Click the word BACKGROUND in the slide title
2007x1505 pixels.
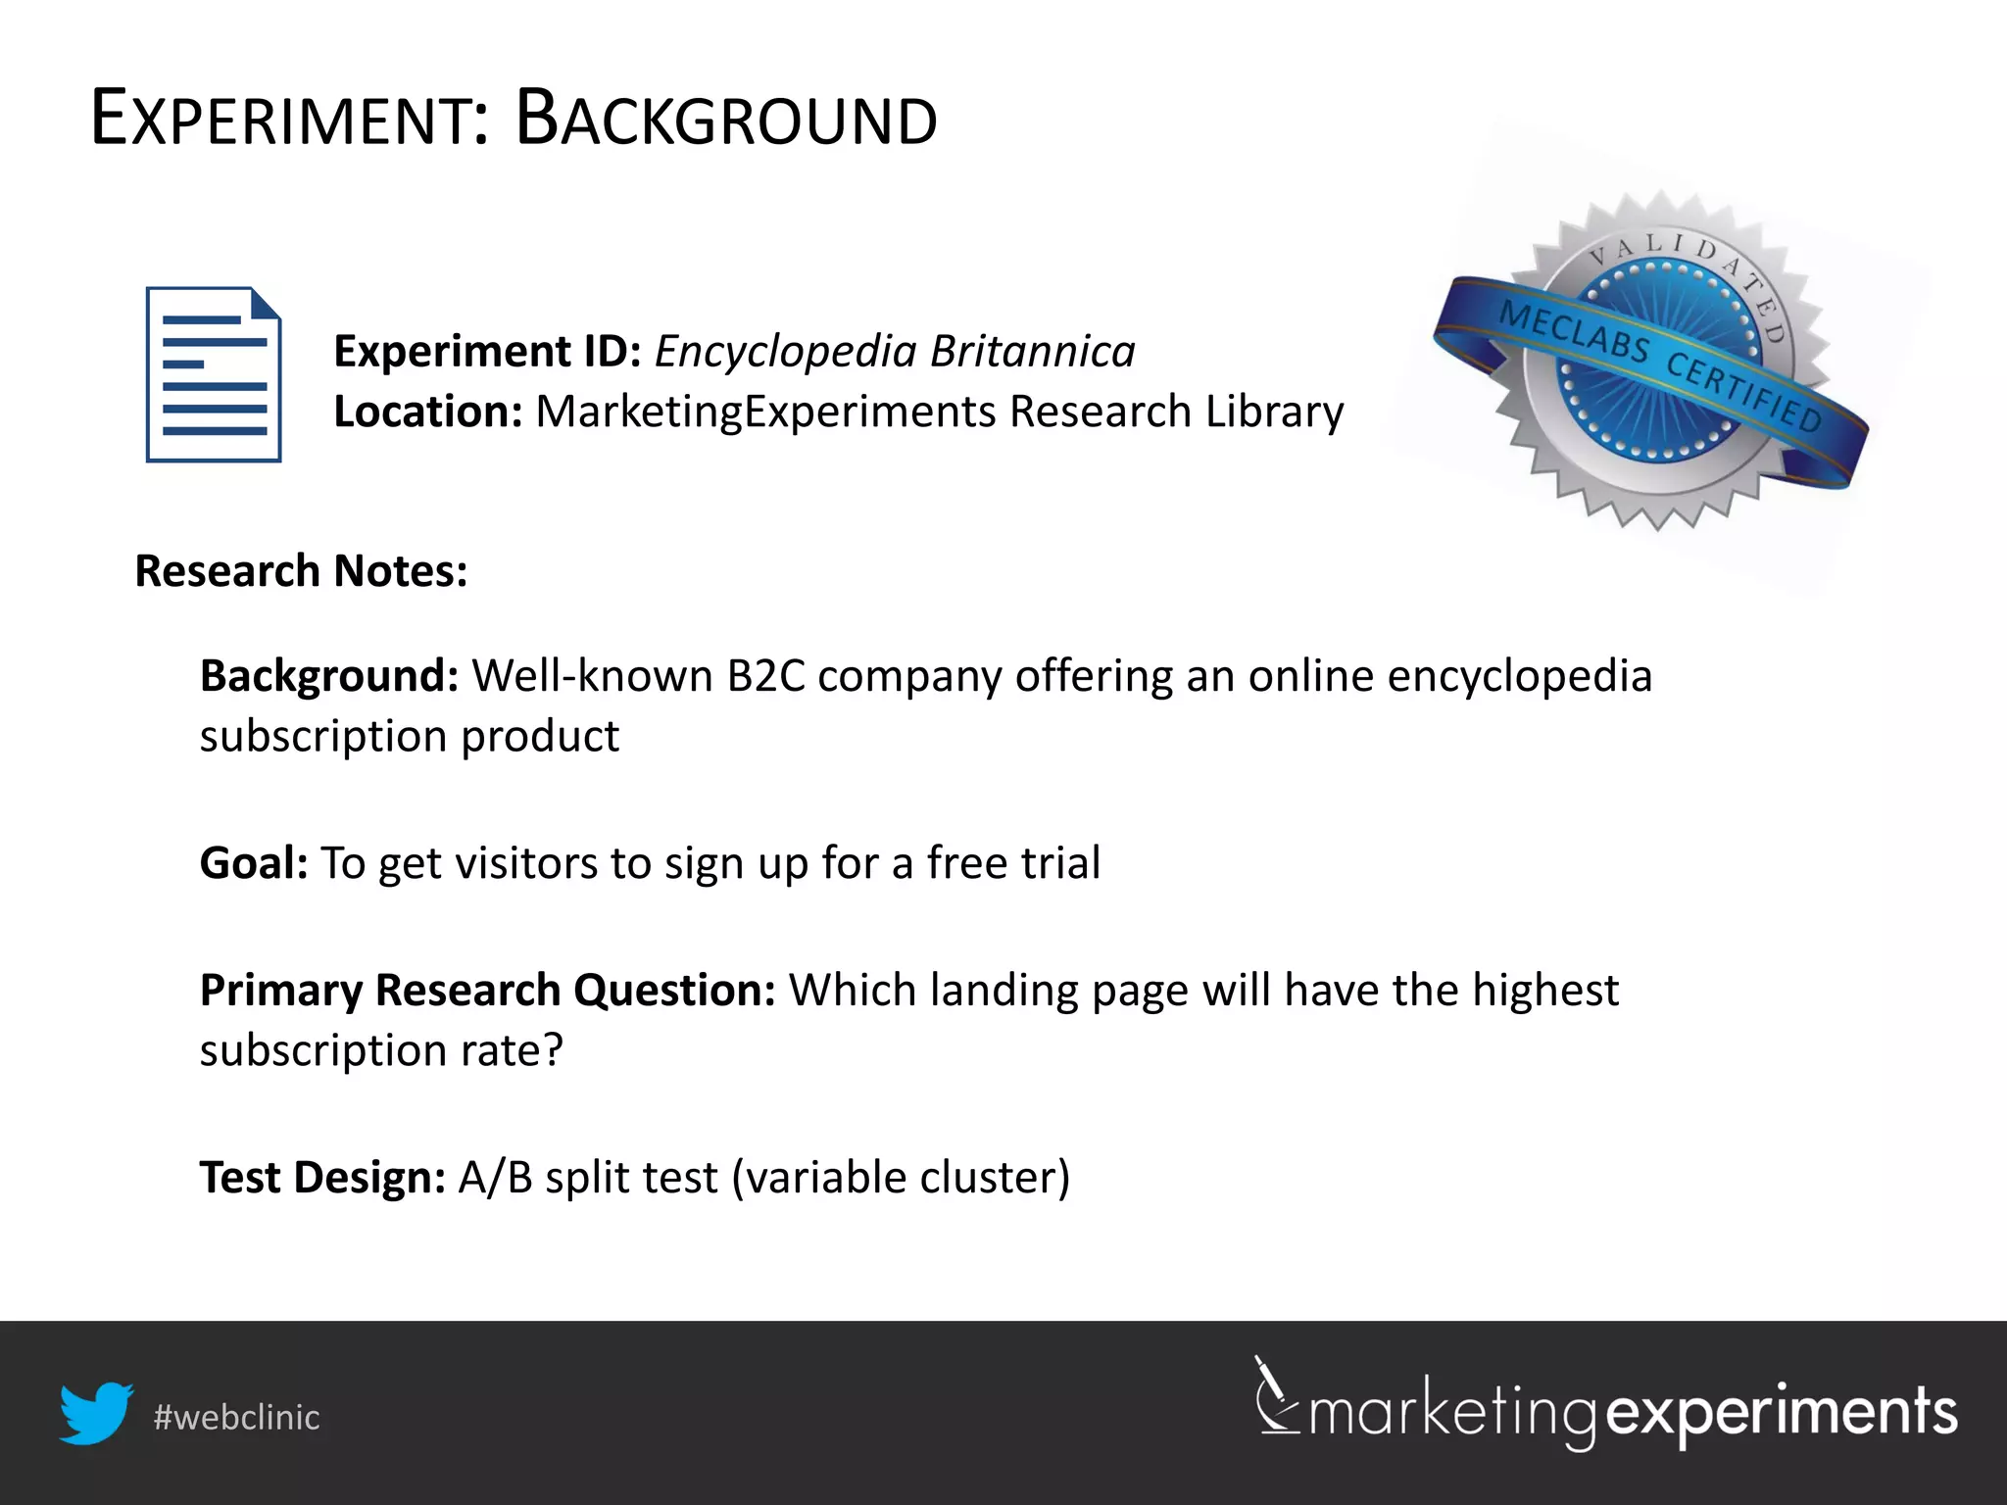726,120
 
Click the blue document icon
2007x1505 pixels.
214,374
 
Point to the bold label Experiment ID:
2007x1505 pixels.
487,351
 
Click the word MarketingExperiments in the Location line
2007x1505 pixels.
765,412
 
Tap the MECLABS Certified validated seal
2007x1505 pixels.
1656,363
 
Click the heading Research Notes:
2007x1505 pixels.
301,571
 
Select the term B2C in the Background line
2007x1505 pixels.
765,676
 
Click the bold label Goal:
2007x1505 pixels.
254,863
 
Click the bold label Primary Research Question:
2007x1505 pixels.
487,991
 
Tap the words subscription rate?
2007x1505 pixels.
381,1050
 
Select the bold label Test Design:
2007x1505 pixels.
322,1178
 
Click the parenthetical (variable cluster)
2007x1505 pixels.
901,1178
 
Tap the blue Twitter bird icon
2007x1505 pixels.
96,1413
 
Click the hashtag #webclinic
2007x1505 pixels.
236,1418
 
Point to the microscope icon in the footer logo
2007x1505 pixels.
1276,1395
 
